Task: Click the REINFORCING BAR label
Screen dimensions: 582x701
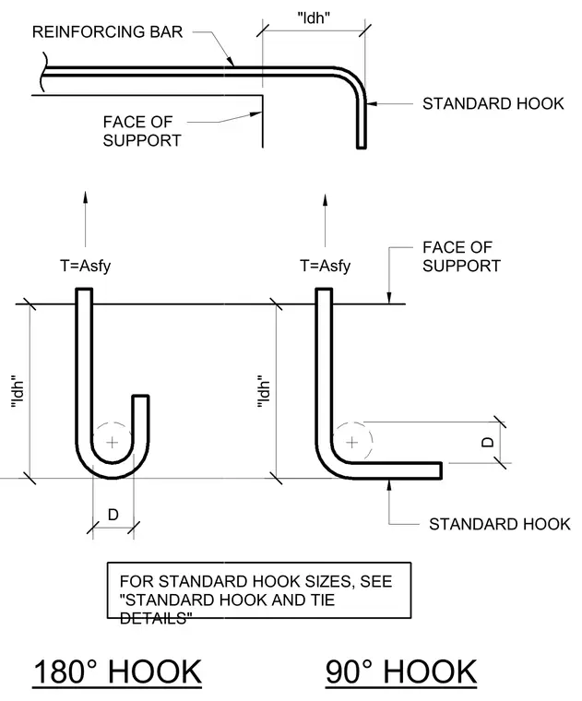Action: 107,31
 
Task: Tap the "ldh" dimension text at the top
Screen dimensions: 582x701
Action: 314,18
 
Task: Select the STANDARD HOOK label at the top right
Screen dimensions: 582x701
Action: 493,103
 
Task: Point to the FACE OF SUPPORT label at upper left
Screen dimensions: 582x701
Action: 142,131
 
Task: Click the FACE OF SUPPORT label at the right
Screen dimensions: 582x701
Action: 461,256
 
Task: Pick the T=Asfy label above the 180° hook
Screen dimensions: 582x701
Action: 86,266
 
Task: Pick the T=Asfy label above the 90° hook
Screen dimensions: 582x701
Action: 325,266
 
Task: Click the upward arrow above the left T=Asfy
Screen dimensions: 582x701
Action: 85,220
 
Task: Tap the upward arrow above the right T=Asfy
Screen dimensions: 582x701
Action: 325,220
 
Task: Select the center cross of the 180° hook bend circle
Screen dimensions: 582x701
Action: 113,443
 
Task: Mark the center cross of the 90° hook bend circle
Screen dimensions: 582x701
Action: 351,443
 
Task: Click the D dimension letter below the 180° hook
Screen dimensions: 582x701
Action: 113,515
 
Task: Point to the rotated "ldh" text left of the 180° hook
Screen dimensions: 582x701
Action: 18,391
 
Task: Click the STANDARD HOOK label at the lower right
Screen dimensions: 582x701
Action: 499,524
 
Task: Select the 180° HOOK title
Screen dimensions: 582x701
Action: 117,671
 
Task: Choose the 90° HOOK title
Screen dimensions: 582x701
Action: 401,671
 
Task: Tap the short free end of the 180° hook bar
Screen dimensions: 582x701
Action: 141,396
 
